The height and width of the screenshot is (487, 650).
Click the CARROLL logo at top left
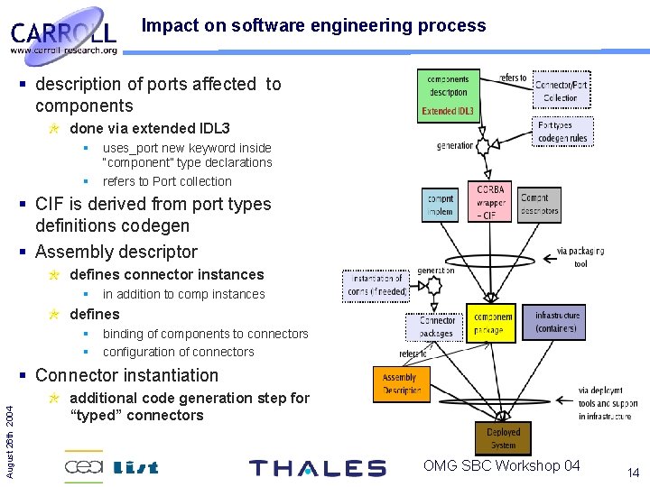(x=64, y=34)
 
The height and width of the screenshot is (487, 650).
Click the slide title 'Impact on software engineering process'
(x=313, y=26)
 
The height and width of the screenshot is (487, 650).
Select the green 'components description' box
(x=449, y=96)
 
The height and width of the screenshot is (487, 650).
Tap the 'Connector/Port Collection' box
(x=561, y=91)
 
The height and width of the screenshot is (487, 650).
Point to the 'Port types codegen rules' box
(x=562, y=132)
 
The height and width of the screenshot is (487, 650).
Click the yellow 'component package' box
(x=493, y=324)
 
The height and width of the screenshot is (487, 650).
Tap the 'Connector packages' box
(x=438, y=326)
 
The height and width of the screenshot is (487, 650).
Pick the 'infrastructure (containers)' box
(x=557, y=322)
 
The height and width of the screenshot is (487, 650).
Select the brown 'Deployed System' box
(x=503, y=439)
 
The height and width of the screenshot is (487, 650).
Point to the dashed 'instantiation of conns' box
(x=376, y=285)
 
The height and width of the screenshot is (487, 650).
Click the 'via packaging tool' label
(x=580, y=257)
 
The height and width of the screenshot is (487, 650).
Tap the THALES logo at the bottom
(x=317, y=468)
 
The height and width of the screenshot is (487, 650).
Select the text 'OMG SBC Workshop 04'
(x=502, y=465)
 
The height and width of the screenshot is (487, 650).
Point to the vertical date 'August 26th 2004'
(x=9, y=431)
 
